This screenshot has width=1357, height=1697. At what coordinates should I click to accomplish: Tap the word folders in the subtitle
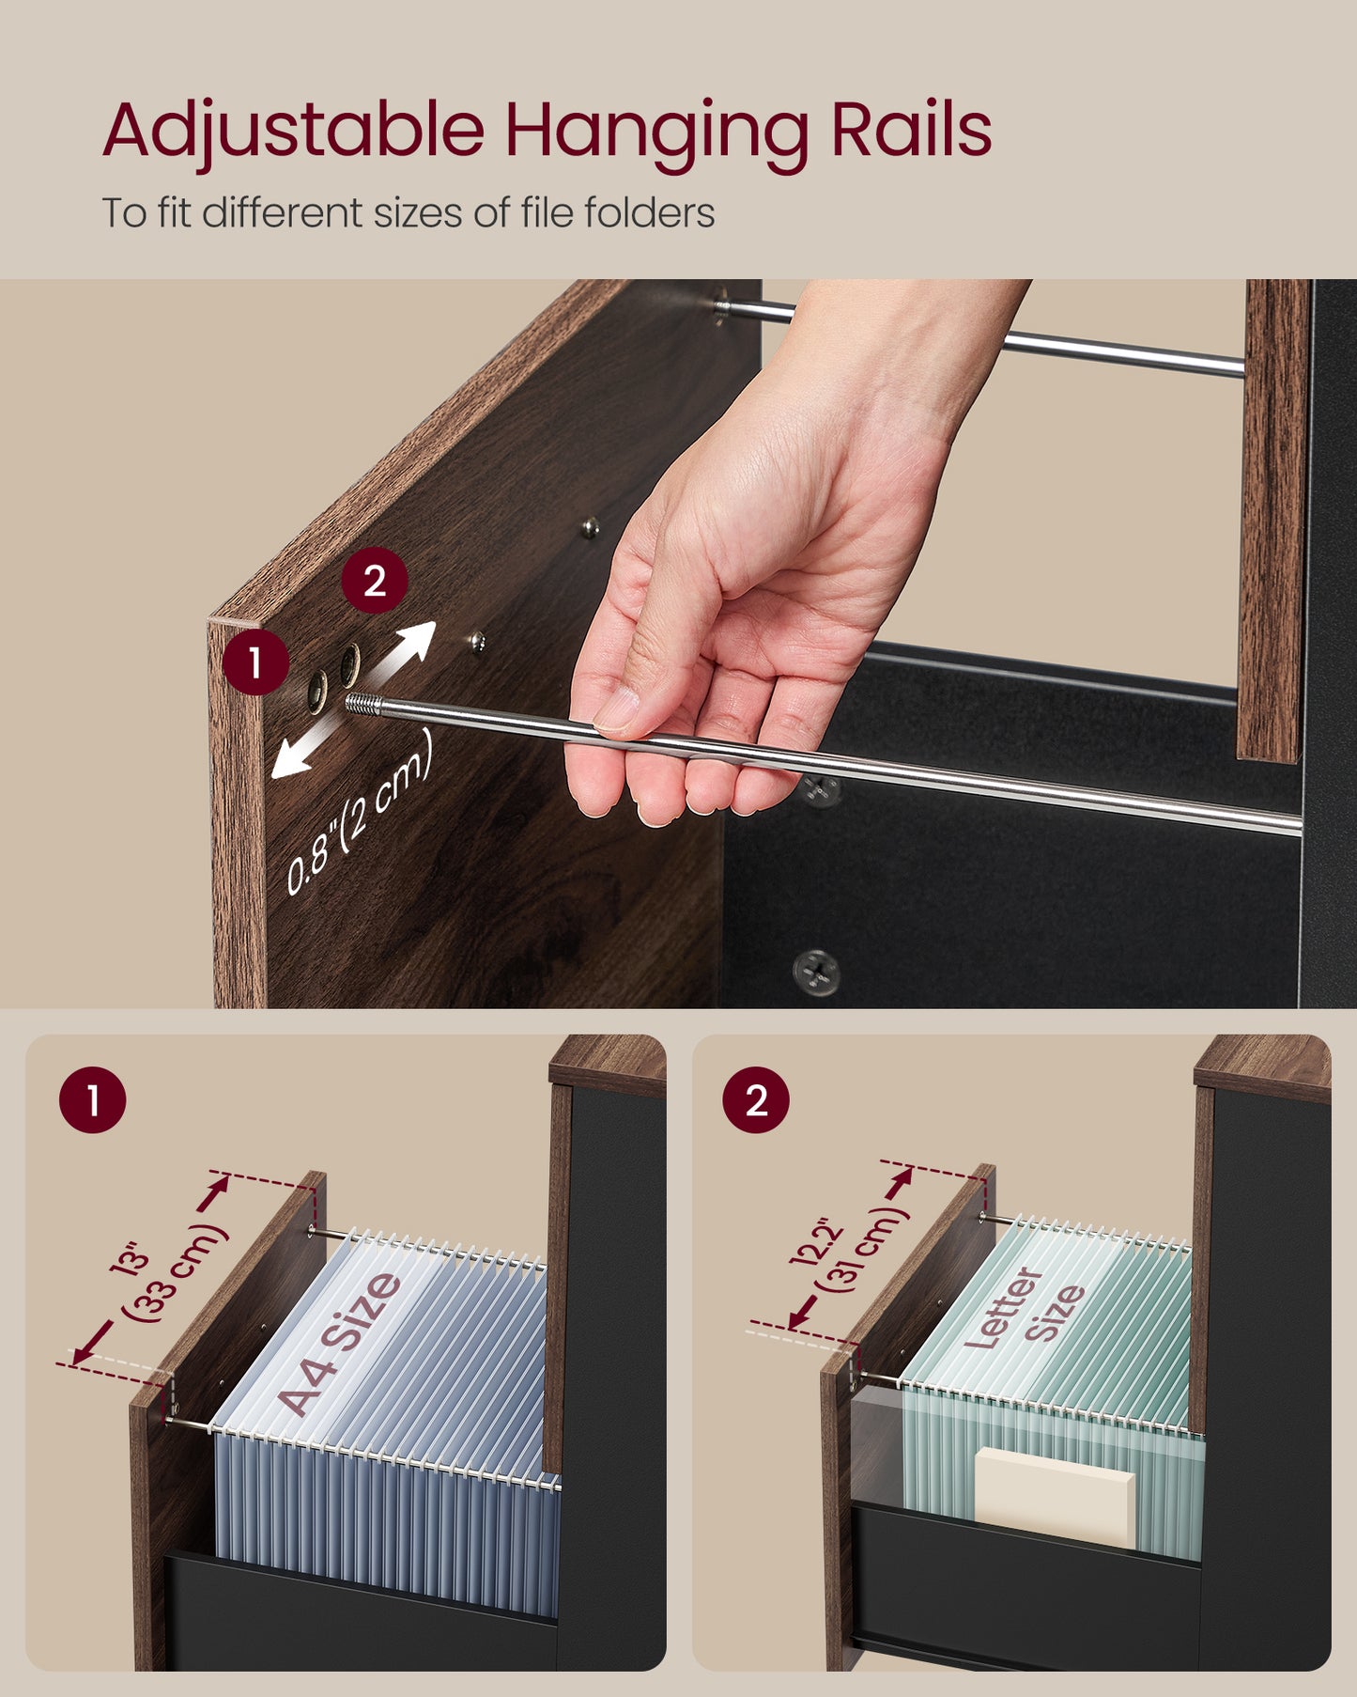[x=649, y=212]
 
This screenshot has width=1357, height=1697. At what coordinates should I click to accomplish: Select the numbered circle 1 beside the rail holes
[x=255, y=662]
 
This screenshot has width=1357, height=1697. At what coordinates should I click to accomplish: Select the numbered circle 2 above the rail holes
[x=375, y=581]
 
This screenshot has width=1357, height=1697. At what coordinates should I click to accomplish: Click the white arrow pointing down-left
[x=301, y=750]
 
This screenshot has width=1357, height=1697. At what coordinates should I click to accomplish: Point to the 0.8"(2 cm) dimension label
[x=359, y=813]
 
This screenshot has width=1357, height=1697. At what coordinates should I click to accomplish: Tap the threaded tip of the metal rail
[x=365, y=705]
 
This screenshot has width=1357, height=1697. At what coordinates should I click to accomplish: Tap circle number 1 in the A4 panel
[x=92, y=1099]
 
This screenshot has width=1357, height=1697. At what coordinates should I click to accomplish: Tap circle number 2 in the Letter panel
[x=756, y=1099]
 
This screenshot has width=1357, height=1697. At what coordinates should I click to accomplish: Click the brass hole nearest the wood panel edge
[x=317, y=693]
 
